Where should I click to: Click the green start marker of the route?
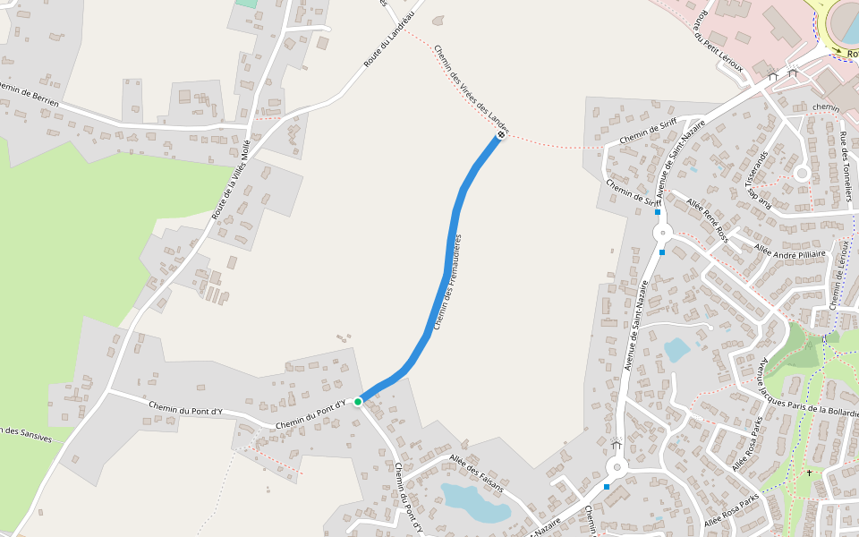coord(358,402)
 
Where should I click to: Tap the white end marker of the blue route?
coord(500,134)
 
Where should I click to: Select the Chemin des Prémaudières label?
coord(447,282)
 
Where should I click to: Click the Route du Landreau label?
coord(390,40)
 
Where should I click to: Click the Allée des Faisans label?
coord(476,473)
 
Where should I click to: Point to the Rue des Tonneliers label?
coord(844,166)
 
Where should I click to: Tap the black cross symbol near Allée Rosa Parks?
coord(809,473)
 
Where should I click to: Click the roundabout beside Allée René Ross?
coord(662,233)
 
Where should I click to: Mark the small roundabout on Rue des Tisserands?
coord(802,173)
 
